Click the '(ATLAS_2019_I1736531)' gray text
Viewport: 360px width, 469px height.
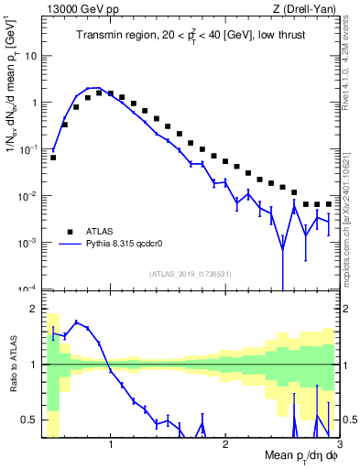tap(188, 273)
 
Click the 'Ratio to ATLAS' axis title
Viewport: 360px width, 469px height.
tap(12, 365)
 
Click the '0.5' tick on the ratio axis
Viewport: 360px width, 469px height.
tap(32, 420)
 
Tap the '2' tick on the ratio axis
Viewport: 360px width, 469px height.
tap(36, 309)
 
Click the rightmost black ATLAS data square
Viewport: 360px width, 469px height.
tap(328, 204)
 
